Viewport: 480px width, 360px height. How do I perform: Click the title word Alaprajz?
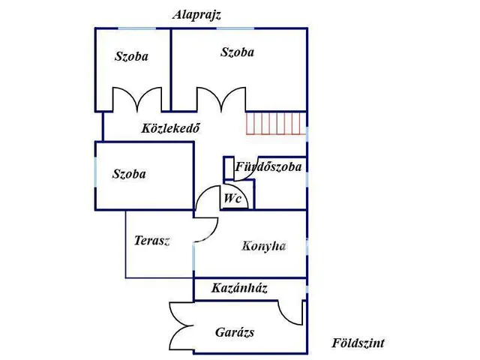click(196, 15)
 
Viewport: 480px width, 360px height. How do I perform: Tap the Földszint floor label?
click(358, 343)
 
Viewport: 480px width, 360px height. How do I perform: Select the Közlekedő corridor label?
click(170, 128)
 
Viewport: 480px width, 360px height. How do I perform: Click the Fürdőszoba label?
click(268, 166)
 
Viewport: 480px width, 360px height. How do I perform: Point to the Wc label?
click(232, 198)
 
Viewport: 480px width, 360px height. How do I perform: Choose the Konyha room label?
click(264, 246)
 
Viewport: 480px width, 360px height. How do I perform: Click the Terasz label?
click(151, 241)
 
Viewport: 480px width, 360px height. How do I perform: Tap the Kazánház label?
click(239, 288)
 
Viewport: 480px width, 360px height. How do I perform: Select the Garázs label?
click(235, 332)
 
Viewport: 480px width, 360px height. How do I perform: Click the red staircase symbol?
click(276, 123)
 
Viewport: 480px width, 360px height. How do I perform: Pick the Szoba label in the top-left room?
click(131, 56)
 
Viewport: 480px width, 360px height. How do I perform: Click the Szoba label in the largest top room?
click(237, 52)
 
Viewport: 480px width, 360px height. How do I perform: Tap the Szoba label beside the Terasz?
click(129, 174)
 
